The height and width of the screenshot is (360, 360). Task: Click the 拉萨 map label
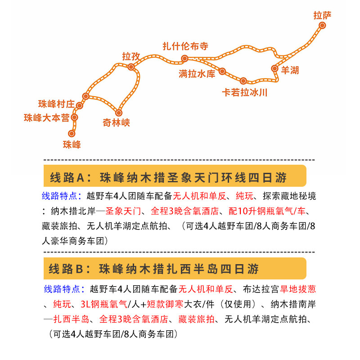pyautogui.click(x=322, y=15)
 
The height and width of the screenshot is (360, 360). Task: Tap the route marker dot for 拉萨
pyautogui.click(x=322, y=25)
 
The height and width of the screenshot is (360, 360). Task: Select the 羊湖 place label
pyautogui.click(x=290, y=70)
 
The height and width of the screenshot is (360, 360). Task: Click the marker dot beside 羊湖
pyautogui.click(x=274, y=68)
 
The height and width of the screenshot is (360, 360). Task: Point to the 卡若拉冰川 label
pyautogui.click(x=244, y=93)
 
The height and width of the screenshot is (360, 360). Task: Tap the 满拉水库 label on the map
pyautogui.click(x=197, y=74)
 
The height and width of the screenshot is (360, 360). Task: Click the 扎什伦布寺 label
pyautogui.click(x=185, y=46)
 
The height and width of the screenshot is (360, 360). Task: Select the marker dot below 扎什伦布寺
pyautogui.click(x=184, y=58)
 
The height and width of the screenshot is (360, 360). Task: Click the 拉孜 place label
pyautogui.click(x=131, y=56)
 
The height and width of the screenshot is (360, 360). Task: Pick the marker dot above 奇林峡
pyautogui.click(x=119, y=113)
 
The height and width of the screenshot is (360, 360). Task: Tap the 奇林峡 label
pyautogui.click(x=116, y=123)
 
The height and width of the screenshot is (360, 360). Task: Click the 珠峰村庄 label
pyautogui.click(x=57, y=104)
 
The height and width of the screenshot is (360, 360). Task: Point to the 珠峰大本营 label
pyautogui.click(x=47, y=118)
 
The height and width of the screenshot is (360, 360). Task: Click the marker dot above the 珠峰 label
pyautogui.click(x=72, y=133)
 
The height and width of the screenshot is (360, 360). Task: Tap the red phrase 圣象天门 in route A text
pyautogui.click(x=123, y=211)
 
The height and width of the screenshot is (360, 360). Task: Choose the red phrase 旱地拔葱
pyautogui.click(x=298, y=289)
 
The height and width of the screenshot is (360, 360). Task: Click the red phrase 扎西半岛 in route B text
pyautogui.click(x=71, y=319)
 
